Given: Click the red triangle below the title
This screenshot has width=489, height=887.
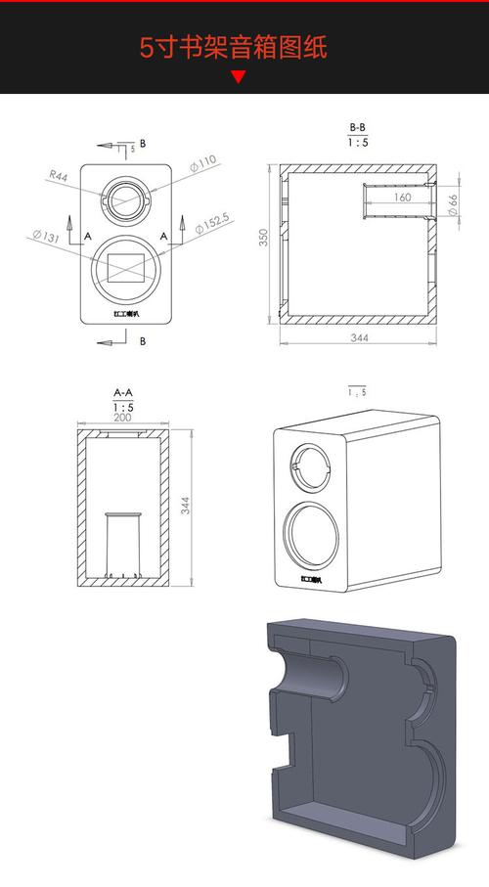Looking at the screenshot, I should tap(238, 78).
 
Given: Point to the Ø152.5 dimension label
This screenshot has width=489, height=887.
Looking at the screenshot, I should tap(212, 223).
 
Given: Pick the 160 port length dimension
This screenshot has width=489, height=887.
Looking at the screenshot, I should tap(402, 198).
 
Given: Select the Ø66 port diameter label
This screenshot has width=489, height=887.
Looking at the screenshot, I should tap(453, 203).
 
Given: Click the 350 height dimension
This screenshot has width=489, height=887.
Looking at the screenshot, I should tap(264, 240).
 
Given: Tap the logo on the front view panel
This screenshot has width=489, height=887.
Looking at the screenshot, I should tap(126, 314).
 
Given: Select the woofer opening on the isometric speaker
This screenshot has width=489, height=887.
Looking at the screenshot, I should tap(313, 536).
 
